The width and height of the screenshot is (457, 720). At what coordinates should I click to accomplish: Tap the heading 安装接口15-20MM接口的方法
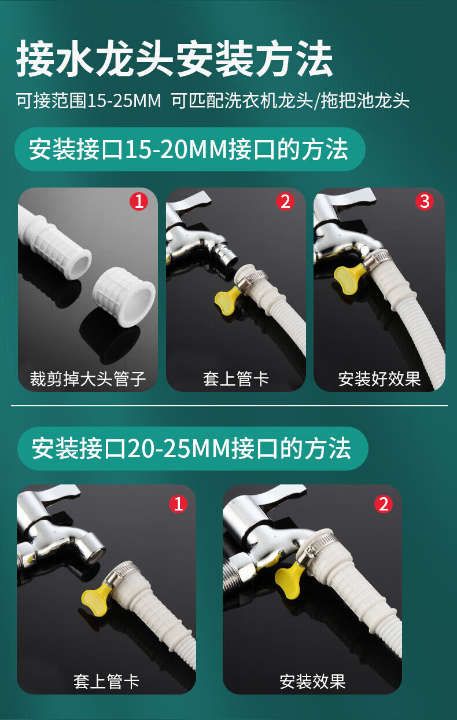point(189,149)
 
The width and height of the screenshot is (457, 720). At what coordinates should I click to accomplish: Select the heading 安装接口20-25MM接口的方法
point(191,448)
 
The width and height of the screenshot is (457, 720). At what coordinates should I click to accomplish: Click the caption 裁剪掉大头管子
point(88,379)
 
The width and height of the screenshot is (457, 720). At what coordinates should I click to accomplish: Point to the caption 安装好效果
point(379,379)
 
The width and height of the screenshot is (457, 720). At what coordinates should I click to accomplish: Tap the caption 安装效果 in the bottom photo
point(312,680)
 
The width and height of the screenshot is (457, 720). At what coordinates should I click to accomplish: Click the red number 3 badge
point(425,201)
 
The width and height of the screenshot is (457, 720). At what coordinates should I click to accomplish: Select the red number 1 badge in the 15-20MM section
point(139,201)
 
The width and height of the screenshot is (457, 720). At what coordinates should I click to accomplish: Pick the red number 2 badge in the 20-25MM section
point(384,504)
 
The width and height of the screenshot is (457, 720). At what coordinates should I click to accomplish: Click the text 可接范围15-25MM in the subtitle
point(89,101)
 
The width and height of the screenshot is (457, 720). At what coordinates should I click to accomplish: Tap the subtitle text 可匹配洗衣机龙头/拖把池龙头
point(290,101)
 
